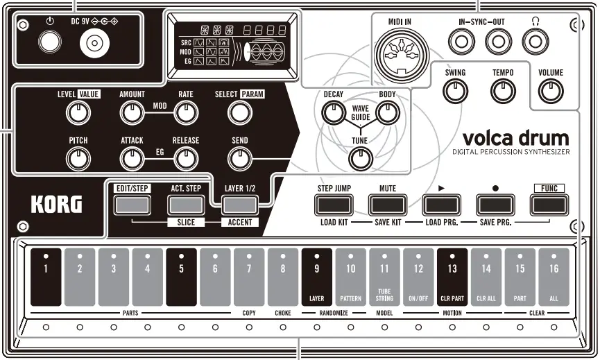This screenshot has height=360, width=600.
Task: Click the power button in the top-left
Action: [x=49, y=44]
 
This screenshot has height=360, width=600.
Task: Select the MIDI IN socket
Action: [x=399, y=52]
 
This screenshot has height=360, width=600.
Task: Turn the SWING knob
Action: [x=455, y=89]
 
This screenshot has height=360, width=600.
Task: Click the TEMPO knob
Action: [x=503, y=89]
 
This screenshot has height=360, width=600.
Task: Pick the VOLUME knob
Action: [x=551, y=89]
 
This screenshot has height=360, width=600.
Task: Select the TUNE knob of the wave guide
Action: [x=360, y=159]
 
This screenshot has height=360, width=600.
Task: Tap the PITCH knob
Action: [x=78, y=159]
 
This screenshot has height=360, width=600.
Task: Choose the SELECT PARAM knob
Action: [x=239, y=111]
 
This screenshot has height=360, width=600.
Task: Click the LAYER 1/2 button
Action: [x=239, y=204]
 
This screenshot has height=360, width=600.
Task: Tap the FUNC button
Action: [x=549, y=204]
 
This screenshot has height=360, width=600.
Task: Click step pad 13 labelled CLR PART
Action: [x=452, y=277]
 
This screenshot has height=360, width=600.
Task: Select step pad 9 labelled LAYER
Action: [x=317, y=277]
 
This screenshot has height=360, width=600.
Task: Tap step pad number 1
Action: [x=46, y=277]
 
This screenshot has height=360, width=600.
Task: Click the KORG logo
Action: [x=56, y=205]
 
